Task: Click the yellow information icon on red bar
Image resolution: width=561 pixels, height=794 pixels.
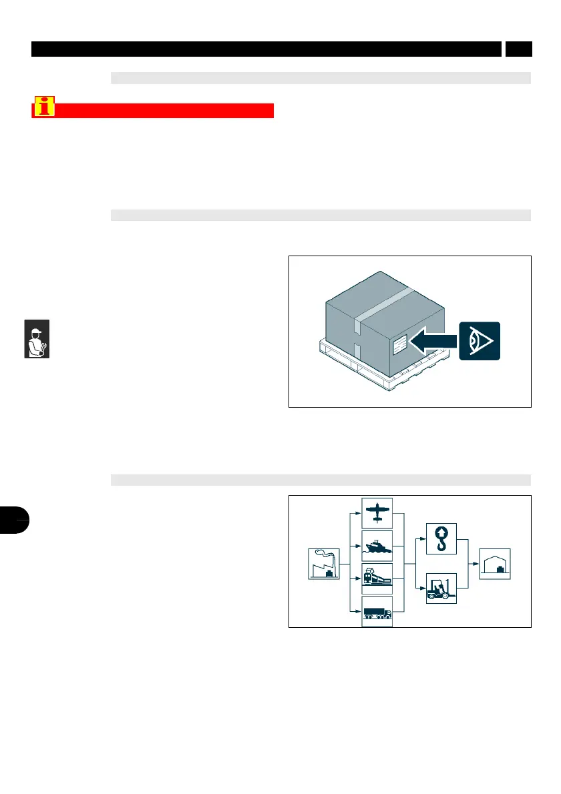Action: tap(45, 107)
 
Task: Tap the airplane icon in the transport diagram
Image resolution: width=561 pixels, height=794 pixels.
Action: tap(377, 512)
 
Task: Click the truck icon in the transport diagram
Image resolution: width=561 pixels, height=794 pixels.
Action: tap(377, 611)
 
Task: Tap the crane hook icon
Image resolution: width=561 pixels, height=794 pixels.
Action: tap(441, 539)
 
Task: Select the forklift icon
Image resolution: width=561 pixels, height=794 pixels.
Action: tap(441, 588)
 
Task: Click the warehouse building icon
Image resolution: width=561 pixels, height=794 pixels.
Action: tap(495, 564)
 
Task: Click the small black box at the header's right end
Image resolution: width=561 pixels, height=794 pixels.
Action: tap(518, 49)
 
